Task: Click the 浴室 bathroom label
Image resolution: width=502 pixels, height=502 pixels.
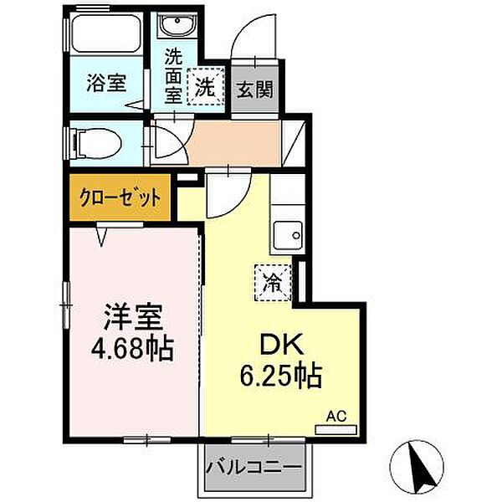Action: [106, 83]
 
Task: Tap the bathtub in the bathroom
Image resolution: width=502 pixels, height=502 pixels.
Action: [105, 34]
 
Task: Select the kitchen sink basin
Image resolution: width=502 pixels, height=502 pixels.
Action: [289, 235]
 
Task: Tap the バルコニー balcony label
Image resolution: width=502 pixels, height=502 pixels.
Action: [253, 465]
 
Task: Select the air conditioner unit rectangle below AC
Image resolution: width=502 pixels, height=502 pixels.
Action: [335, 429]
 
